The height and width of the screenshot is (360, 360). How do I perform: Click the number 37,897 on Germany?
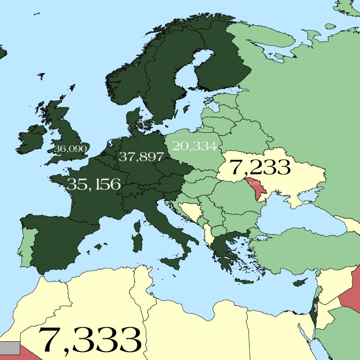(x=141, y=157)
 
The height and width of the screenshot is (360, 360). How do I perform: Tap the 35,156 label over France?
(x=94, y=184)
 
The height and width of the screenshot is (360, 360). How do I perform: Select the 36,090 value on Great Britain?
(x=71, y=149)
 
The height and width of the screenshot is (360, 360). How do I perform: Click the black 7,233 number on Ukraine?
(x=260, y=167)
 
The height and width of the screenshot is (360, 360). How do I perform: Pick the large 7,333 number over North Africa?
(x=90, y=340)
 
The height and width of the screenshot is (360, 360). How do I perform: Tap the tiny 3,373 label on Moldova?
(x=254, y=183)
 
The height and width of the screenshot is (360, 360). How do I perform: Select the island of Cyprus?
(x=300, y=283)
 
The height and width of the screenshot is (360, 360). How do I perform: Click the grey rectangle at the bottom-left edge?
(x=9, y=348)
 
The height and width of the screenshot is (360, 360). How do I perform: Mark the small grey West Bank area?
(x=316, y=307)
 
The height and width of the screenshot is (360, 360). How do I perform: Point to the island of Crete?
(x=247, y=281)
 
